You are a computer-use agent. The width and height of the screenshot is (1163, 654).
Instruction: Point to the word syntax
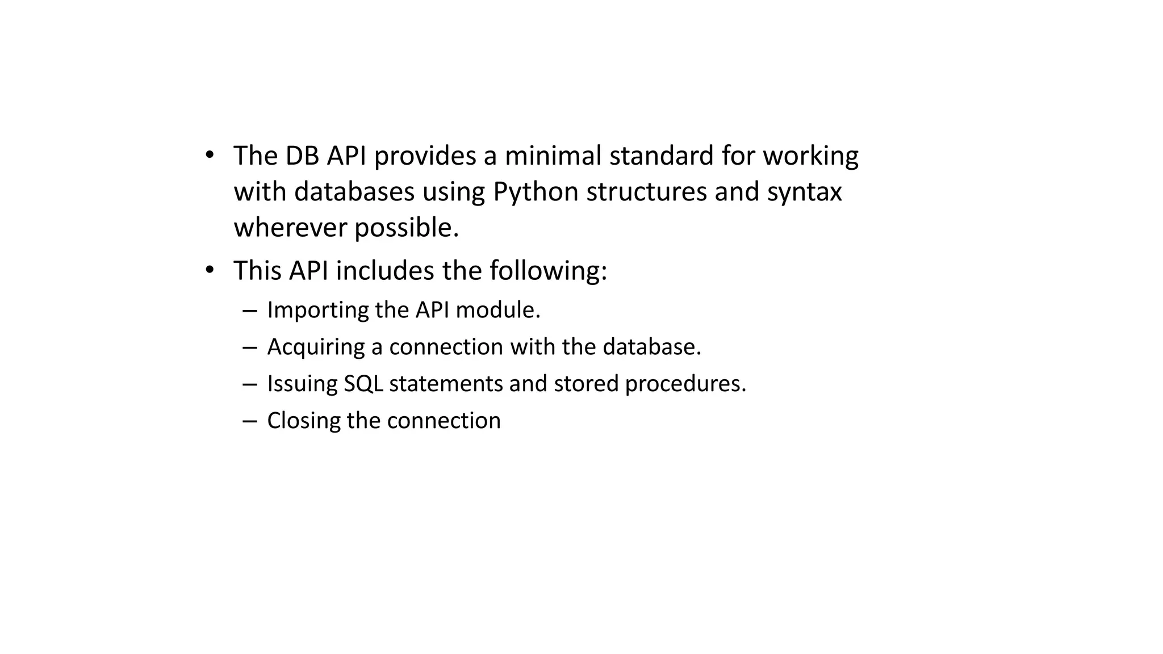click(x=804, y=192)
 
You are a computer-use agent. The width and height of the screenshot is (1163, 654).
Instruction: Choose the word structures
click(x=646, y=192)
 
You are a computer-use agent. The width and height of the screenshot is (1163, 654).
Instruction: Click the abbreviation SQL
click(x=363, y=384)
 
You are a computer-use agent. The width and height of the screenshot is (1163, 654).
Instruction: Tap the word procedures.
click(x=685, y=384)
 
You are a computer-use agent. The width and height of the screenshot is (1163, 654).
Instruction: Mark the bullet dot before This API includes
click(x=210, y=270)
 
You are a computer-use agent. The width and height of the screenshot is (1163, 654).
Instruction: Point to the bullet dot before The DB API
click(x=210, y=155)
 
